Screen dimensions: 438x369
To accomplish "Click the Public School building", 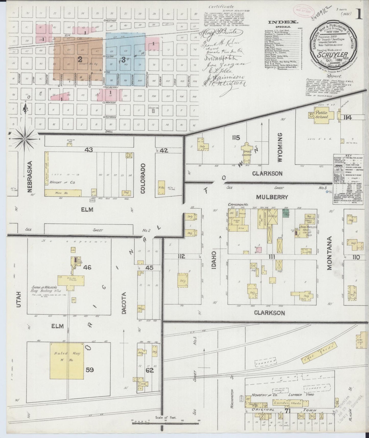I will pyautogui.click(x=321, y=115).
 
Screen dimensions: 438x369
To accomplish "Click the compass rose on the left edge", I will pyautogui.click(x=25, y=139).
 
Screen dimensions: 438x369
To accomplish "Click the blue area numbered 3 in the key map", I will pyautogui.click(x=125, y=60).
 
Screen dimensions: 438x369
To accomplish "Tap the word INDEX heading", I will pyautogui.click(x=283, y=22).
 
